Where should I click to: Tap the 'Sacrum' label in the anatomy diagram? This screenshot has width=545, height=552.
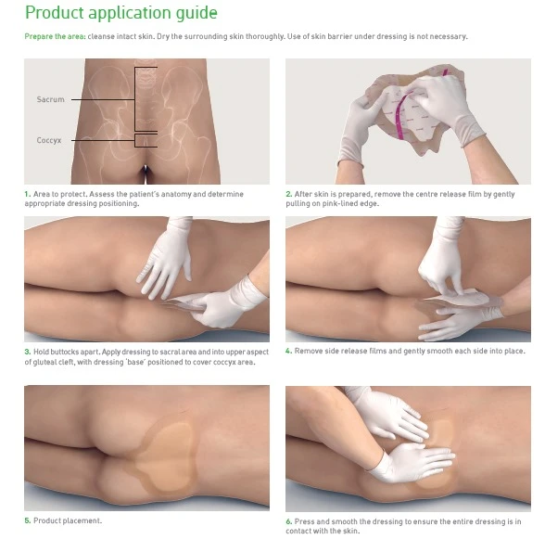pyautogui.click(x=51, y=99)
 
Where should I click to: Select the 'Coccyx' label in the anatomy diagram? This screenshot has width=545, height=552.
pyautogui.click(x=49, y=140)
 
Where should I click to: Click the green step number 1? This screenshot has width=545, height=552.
pyautogui.click(x=28, y=194)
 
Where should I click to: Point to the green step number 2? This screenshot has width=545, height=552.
pyautogui.click(x=289, y=194)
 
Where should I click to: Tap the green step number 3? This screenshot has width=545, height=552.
pyautogui.click(x=28, y=352)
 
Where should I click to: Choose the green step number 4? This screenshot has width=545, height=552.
pyautogui.click(x=289, y=351)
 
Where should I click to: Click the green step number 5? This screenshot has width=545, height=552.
pyautogui.click(x=28, y=520)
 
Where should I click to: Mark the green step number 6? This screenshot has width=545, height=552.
pyautogui.click(x=289, y=521)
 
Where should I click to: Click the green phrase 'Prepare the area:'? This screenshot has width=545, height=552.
pyautogui.click(x=56, y=36)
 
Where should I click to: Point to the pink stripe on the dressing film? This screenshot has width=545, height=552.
pyautogui.click(x=400, y=114)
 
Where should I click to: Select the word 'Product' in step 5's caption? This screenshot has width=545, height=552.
pyautogui.click(x=46, y=520)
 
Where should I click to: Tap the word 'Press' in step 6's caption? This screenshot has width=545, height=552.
pyautogui.click(x=304, y=521)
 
